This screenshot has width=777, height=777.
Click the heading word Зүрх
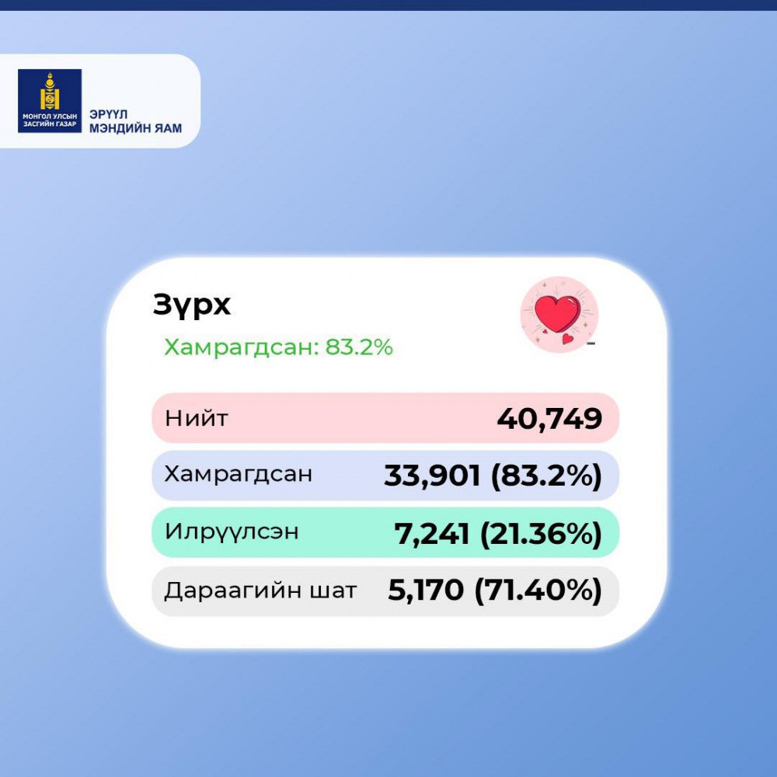pyautogui.click(x=192, y=305)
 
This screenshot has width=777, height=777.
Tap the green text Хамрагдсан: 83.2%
pyautogui.click(x=278, y=347)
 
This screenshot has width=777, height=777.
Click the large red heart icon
pyautogui.click(x=557, y=313)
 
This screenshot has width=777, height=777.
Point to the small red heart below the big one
pyautogui.click(x=568, y=339)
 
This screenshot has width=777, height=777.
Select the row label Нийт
pyautogui.click(x=197, y=418)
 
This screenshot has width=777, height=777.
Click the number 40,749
pyautogui.click(x=549, y=418)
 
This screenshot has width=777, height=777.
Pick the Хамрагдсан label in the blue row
pyautogui.click(x=239, y=474)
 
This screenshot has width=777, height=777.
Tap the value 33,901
pyautogui.click(x=432, y=476)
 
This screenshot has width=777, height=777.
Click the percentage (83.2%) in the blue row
pyautogui.click(x=546, y=476)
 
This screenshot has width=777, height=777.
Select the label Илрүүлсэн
pyautogui.click(x=232, y=532)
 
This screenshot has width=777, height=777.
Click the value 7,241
pyautogui.click(x=431, y=534)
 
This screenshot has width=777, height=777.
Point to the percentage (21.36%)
pyautogui.click(x=541, y=533)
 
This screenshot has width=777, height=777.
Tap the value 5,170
pyautogui.click(x=426, y=590)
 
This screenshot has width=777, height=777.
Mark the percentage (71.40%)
pyautogui.click(x=538, y=590)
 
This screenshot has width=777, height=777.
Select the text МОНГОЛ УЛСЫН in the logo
pyautogui.click(x=50, y=117)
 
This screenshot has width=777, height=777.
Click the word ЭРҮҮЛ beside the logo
pyautogui.click(x=109, y=114)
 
